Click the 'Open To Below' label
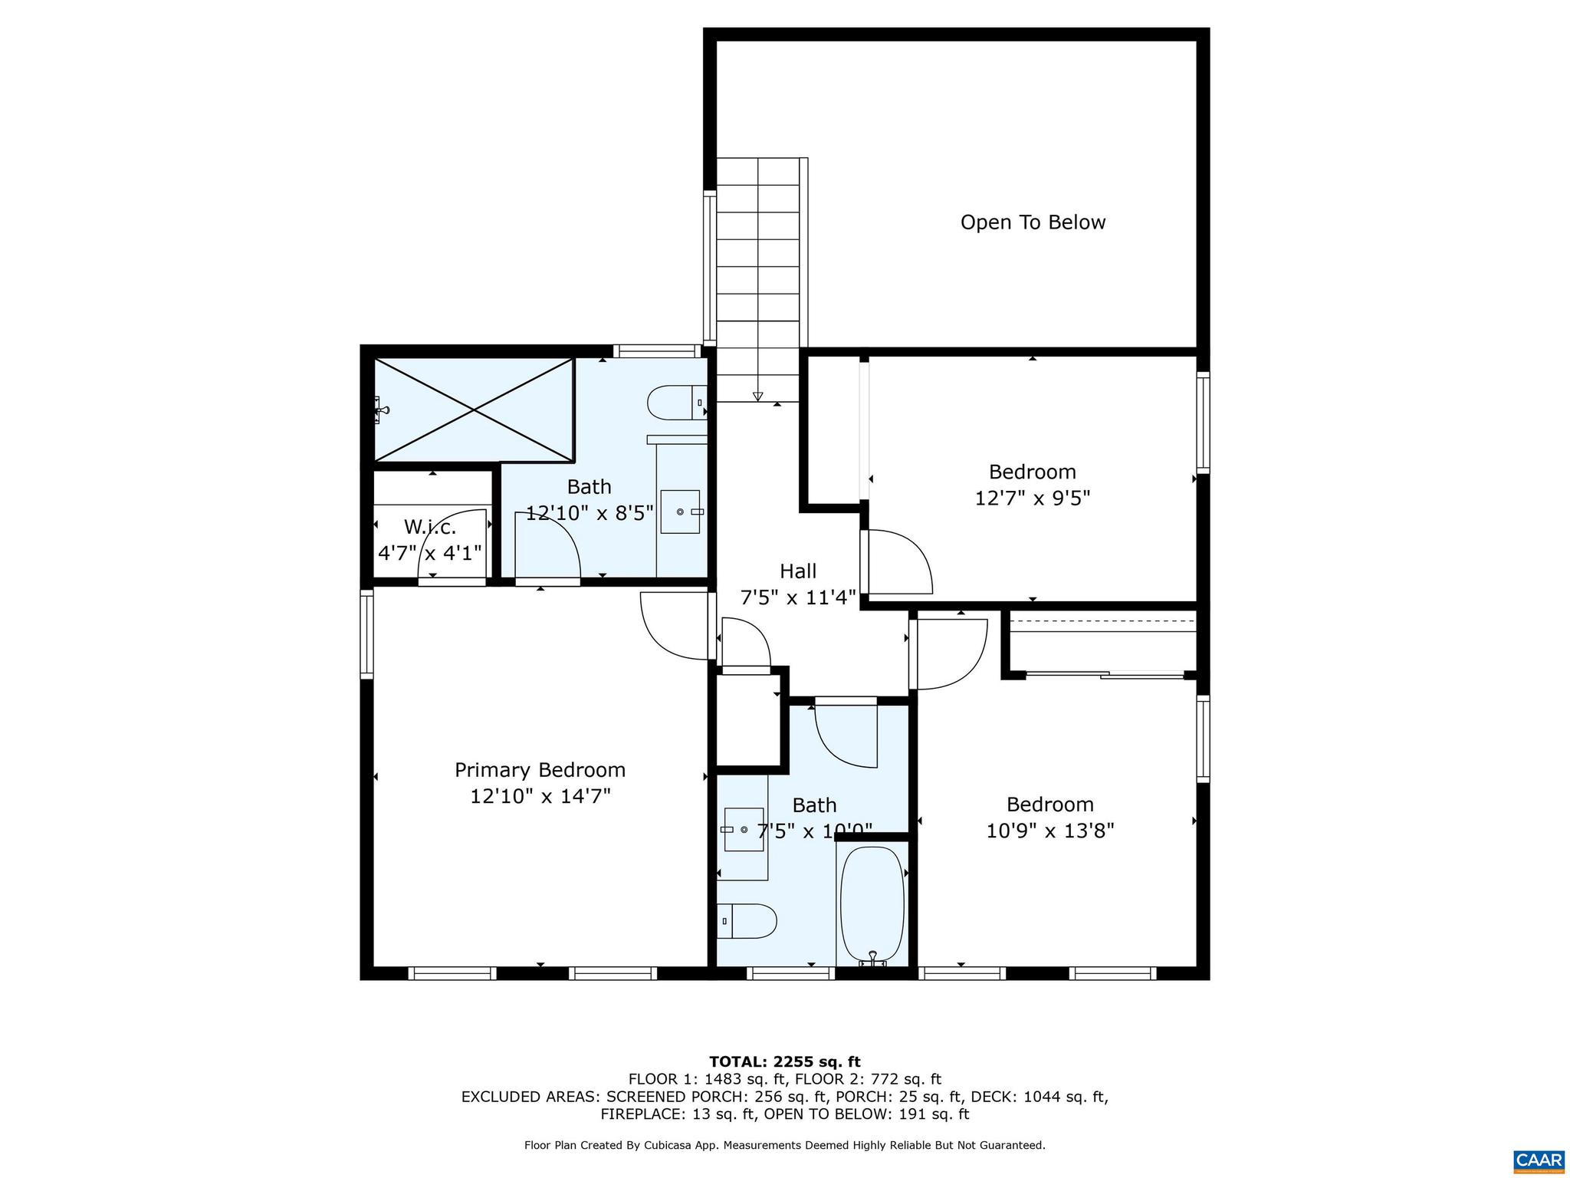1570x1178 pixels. (1033, 222)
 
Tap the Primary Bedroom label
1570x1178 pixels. (540, 770)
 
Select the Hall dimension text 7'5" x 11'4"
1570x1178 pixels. (797, 597)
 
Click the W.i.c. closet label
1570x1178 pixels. (430, 527)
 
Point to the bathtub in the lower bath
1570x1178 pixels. (872, 905)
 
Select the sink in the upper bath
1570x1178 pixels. (680, 512)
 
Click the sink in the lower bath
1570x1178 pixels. (744, 830)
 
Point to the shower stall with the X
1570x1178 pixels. (474, 410)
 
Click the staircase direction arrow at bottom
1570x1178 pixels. (757, 397)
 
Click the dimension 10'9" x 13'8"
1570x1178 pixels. (1049, 831)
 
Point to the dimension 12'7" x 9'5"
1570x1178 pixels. (1032, 499)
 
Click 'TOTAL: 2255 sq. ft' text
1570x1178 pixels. (784, 1061)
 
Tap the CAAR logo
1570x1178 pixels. (1539, 1158)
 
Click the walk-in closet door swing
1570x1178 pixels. (454, 545)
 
